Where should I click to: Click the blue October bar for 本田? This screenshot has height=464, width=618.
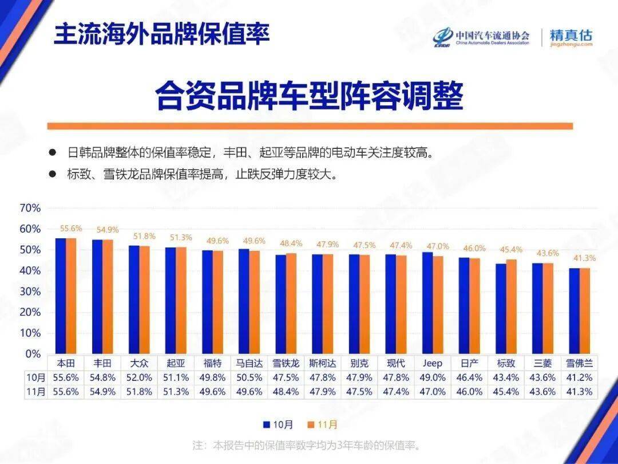(61, 296)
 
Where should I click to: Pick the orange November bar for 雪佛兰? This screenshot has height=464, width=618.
(584, 311)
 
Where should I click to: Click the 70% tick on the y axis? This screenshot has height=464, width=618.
(30, 208)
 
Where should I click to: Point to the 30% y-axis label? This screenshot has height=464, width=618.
(30, 292)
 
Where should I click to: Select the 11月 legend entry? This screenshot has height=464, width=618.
(323, 424)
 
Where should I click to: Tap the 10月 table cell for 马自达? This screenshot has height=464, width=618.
(249, 378)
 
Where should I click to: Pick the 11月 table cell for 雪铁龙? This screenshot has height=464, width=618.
(286, 392)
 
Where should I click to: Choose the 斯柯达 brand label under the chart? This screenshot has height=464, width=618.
(323, 363)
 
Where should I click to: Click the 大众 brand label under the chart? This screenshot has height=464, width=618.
(140, 363)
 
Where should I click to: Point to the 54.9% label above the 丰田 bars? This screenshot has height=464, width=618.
(108, 230)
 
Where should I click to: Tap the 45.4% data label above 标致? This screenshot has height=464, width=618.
(510, 250)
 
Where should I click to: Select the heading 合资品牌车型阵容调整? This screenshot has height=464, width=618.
(308, 95)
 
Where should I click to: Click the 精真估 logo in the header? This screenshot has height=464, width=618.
(571, 37)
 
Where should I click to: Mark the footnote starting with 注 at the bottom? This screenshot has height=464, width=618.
(307, 445)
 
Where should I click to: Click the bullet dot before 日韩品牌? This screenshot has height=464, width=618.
(52, 153)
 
